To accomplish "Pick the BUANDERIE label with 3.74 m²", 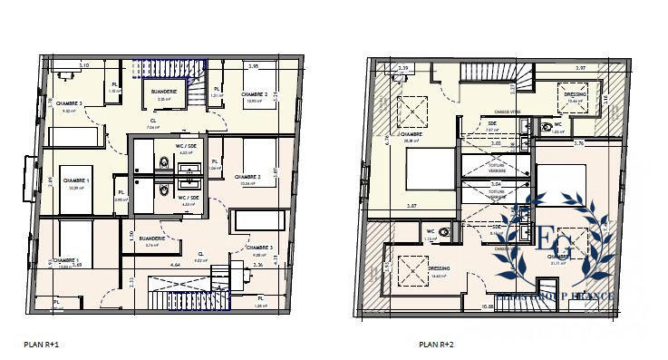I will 151,239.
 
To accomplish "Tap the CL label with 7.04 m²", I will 152,123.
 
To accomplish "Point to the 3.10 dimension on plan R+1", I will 84,66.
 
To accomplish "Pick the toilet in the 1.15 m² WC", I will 445,232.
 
